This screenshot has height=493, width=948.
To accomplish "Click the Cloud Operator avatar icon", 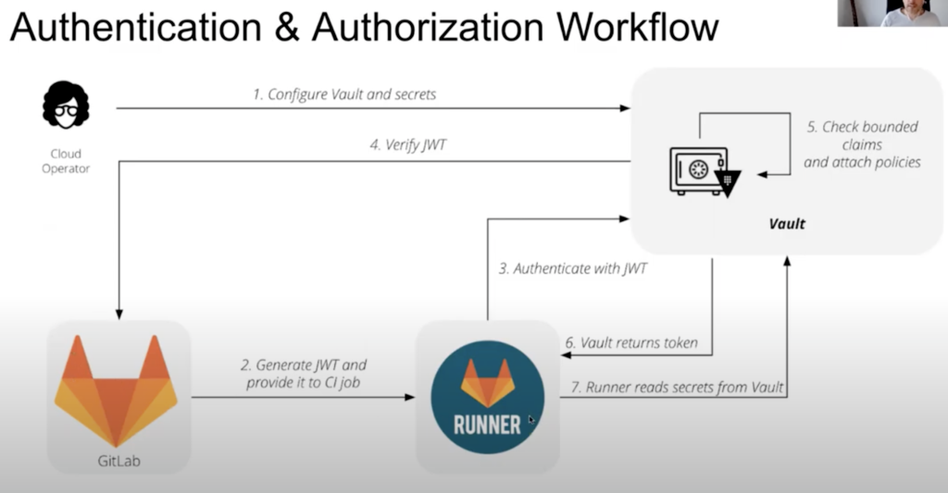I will pos(66,105).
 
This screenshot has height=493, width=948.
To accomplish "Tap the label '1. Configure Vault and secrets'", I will pos(343,94).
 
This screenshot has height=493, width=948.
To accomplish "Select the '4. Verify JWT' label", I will pos(407,144).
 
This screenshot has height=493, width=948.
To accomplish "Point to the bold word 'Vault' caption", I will pos(787,224).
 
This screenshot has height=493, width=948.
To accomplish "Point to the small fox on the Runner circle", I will pos(487,383).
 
